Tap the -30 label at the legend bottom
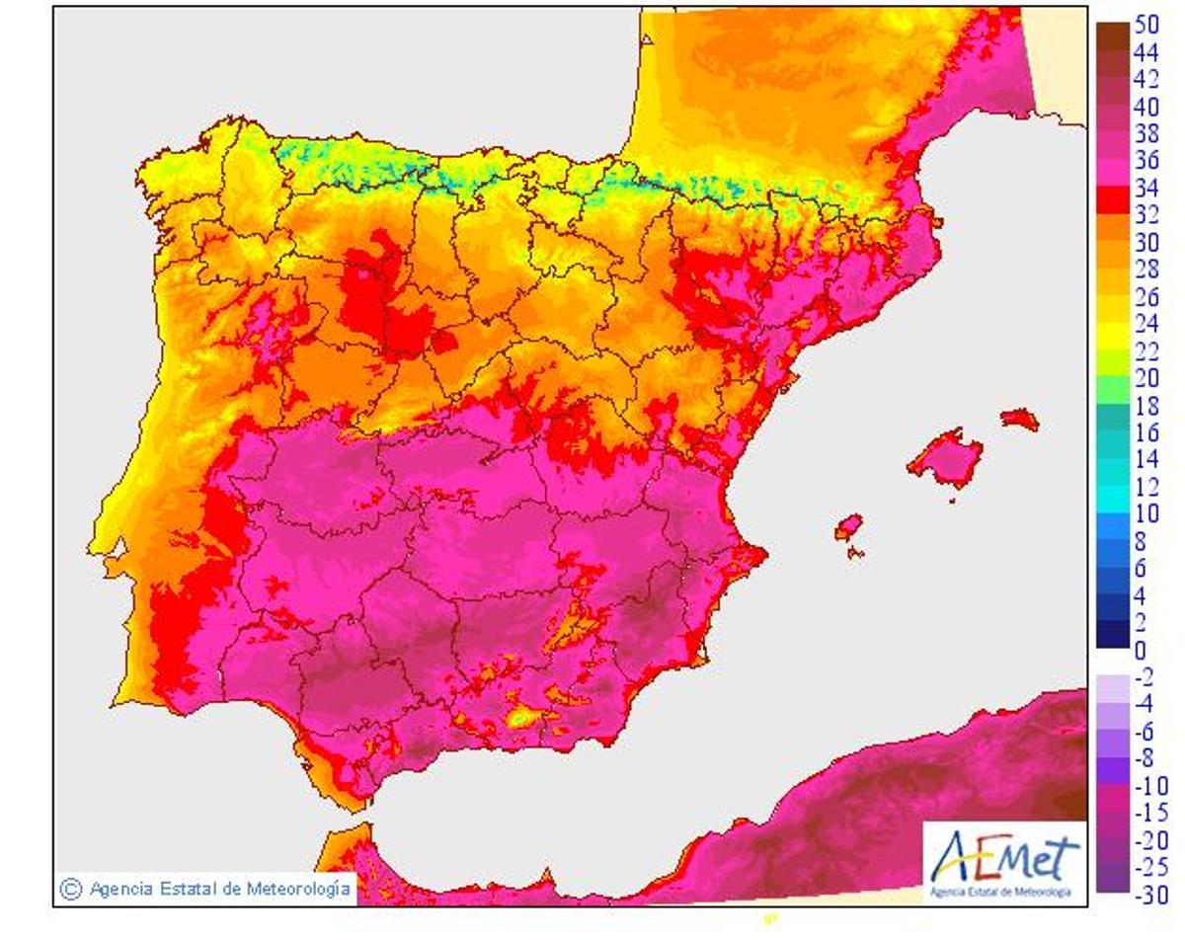(x=1148, y=896)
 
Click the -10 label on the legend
(x=1148, y=786)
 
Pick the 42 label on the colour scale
(x=1145, y=80)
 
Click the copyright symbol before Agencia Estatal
(x=70, y=888)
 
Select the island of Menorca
(x=1020, y=419)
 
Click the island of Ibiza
(x=848, y=527)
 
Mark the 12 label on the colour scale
(x=1145, y=486)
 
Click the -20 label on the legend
(x=1148, y=840)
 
